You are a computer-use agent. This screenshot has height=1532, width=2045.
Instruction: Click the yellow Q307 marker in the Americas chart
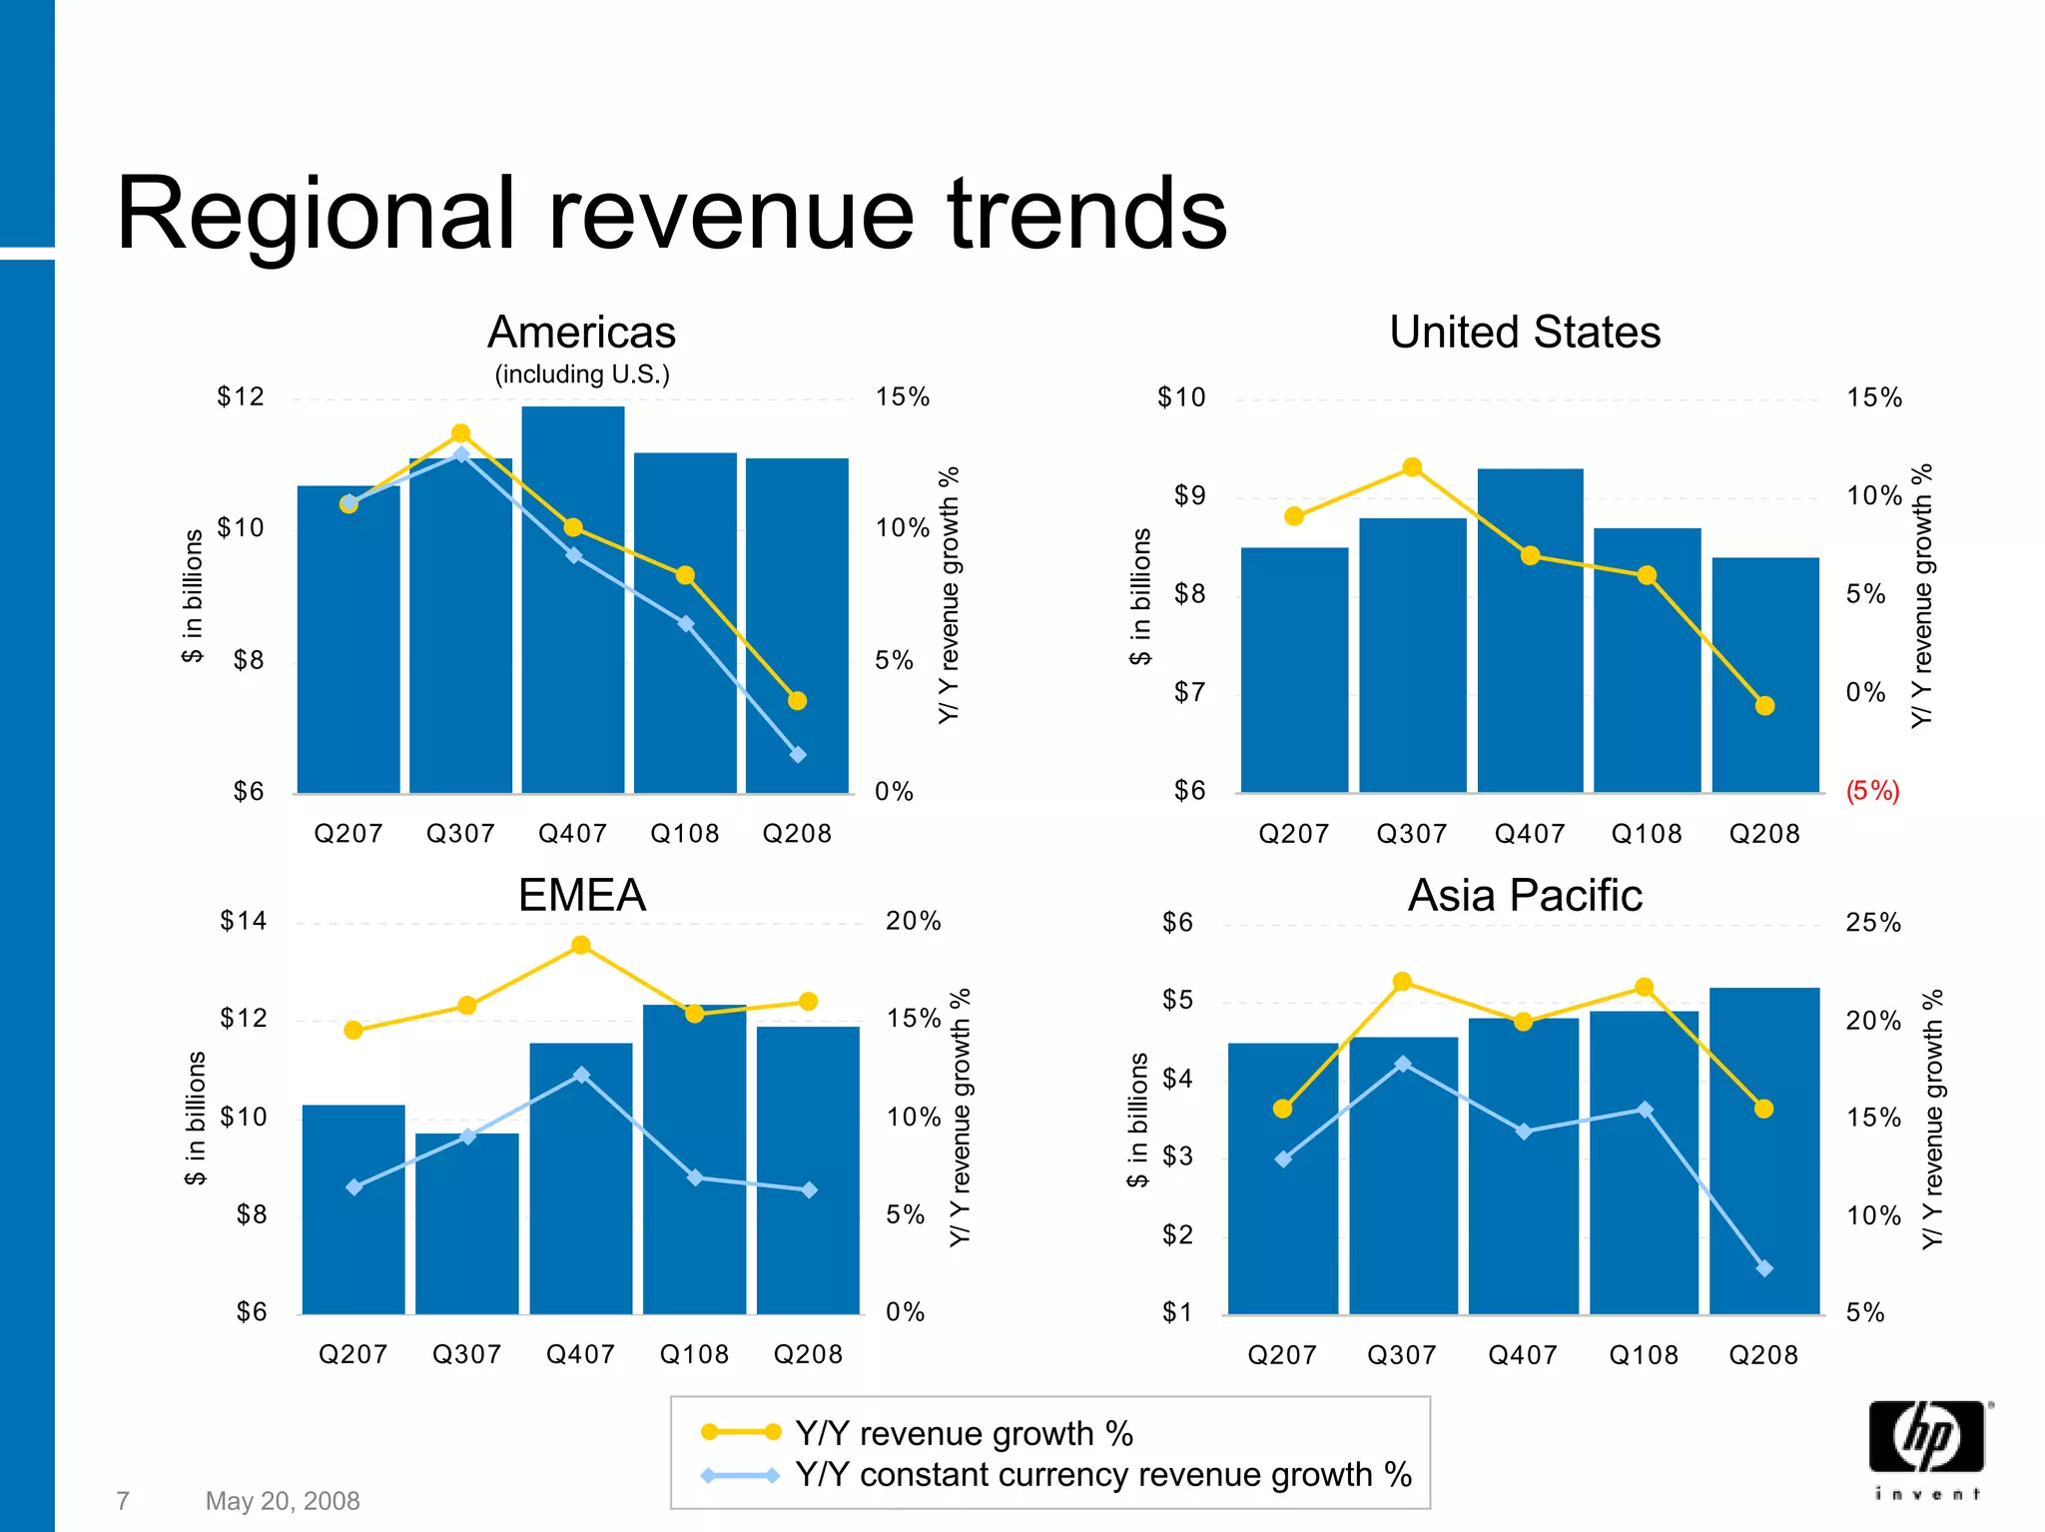click(460, 433)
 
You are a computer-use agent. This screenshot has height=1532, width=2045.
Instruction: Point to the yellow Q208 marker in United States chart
click(1764, 706)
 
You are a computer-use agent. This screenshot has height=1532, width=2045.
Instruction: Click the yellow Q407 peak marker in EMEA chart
click(581, 945)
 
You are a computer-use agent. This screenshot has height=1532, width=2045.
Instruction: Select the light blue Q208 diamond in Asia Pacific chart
click(1764, 1268)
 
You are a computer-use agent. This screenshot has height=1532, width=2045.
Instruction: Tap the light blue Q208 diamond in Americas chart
click(798, 755)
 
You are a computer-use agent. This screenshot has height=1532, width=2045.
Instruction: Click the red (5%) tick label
click(1872, 791)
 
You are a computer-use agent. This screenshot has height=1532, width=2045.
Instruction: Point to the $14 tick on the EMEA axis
click(244, 921)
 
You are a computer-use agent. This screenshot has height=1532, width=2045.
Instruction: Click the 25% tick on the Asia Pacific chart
click(1873, 923)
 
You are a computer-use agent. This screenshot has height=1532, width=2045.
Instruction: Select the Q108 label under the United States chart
click(1647, 834)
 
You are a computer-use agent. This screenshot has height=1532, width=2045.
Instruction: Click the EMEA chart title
click(582, 895)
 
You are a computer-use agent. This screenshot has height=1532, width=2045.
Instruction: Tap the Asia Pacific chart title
click(1525, 895)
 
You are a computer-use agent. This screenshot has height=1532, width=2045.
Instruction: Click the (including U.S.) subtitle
click(582, 375)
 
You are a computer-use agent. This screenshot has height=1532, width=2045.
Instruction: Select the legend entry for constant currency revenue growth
click(1102, 1475)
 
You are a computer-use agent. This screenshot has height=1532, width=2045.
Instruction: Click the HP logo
click(1927, 1438)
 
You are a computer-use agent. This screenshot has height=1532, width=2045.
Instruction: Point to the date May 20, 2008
click(283, 1501)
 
